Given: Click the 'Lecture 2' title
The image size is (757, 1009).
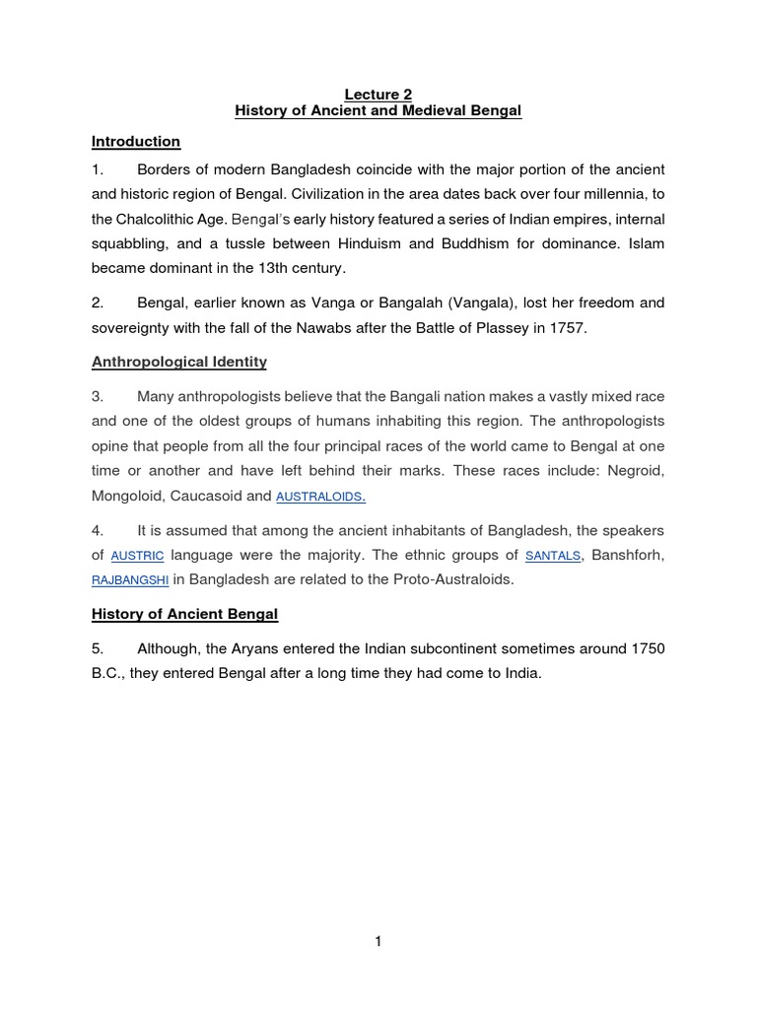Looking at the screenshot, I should [378, 95].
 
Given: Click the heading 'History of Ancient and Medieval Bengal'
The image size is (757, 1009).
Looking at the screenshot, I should [378, 111].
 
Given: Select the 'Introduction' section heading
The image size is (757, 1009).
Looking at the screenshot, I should [136, 141].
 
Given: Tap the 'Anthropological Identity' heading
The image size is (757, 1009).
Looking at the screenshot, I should [179, 362].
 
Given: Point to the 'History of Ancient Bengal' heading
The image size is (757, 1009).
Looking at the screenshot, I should [185, 614].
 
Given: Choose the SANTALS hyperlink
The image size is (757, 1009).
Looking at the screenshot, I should [553, 557].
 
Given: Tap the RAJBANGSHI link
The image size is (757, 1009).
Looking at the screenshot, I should [130, 580].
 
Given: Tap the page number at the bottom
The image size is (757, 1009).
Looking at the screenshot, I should [378, 941].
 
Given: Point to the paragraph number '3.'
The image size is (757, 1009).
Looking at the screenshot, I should [98, 395].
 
